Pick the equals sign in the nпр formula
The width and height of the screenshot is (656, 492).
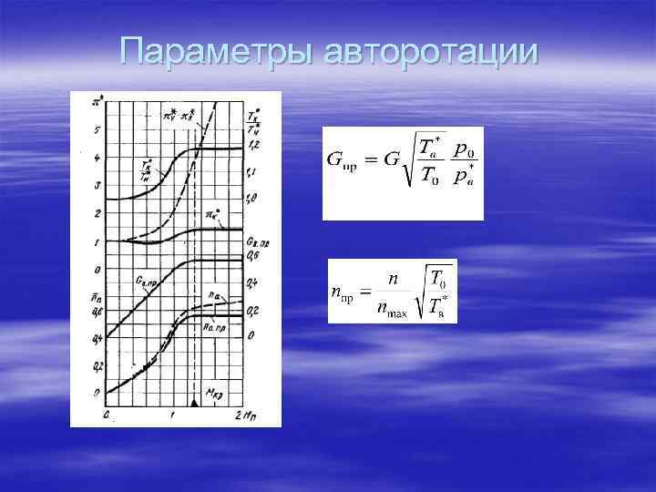click(x=363, y=292)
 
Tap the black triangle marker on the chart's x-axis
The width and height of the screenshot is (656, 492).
click(x=193, y=402)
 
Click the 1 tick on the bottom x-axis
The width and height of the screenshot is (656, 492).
click(x=172, y=415)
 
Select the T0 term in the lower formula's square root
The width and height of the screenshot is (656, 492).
click(x=437, y=279)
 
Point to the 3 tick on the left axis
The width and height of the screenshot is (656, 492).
click(x=97, y=186)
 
